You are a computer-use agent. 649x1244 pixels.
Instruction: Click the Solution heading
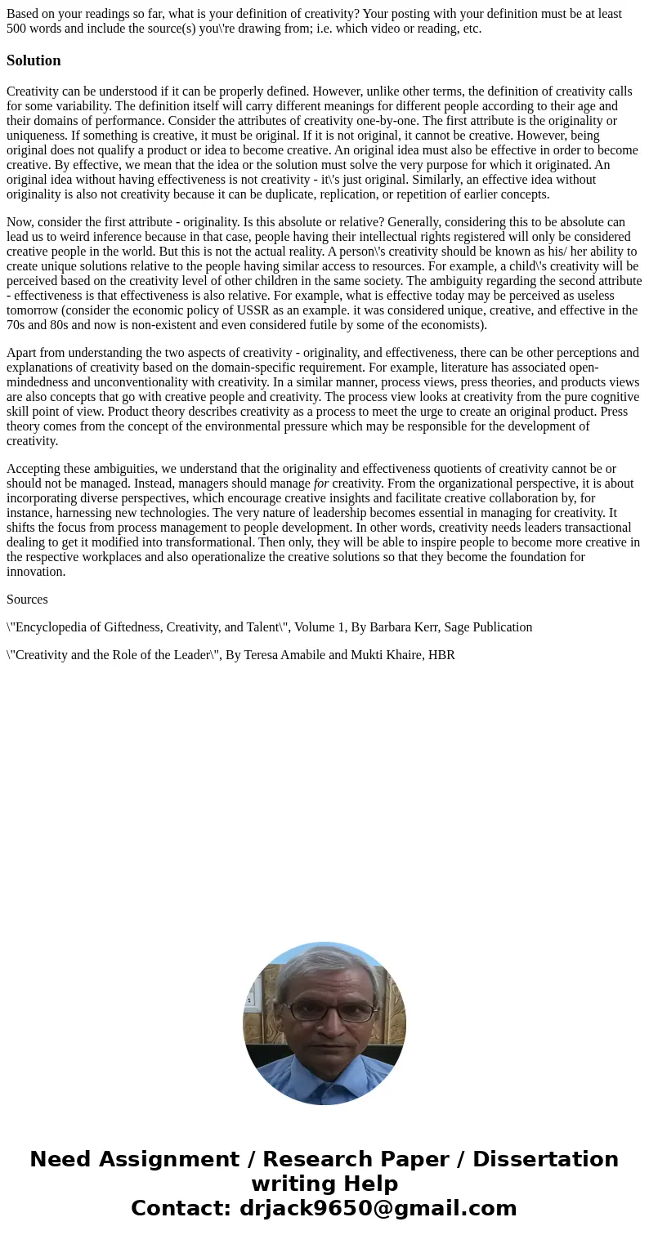click(x=34, y=60)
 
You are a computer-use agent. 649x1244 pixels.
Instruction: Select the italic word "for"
click(x=321, y=484)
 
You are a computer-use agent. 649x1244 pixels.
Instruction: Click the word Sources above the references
click(x=27, y=600)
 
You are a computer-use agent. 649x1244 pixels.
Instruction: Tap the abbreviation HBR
click(x=441, y=655)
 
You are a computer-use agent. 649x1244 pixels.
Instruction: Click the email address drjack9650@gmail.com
click(x=378, y=1208)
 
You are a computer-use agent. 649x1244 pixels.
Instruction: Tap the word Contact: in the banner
click(x=181, y=1208)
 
